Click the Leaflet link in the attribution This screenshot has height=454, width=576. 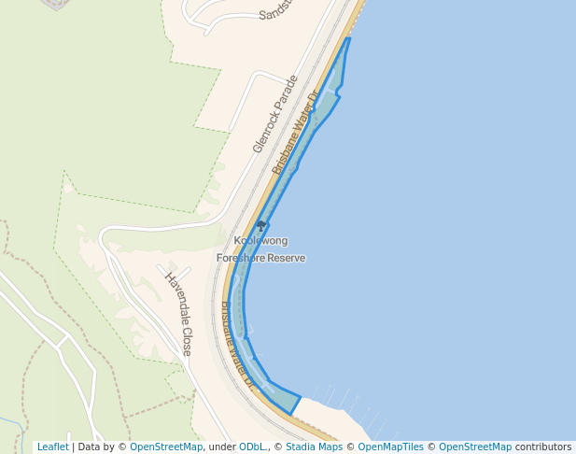pyautogui.click(x=52, y=447)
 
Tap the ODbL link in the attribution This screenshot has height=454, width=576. pyautogui.click(x=251, y=447)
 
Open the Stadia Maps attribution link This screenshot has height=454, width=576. pyautogui.click(x=314, y=447)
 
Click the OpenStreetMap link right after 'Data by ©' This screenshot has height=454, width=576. pyautogui.click(x=166, y=447)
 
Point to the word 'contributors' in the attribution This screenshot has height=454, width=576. pyautogui.click(x=543, y=447)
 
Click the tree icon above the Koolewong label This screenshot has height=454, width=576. pyautogui.click(x=261, y=225)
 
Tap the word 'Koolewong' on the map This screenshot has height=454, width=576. pyautogui.click(x=260, y=241)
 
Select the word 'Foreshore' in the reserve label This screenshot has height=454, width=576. pyautogui.click(x=241, y=258)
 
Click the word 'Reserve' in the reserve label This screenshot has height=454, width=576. pyautogui.click(x=287, y=258)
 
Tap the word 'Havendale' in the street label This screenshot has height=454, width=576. pyautogui.click(x=175, y=296)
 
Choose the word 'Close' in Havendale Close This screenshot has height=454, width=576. pyautogui.click(x=187, y=340)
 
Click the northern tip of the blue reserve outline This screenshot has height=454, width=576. pyautogui.click(x=349, y=38)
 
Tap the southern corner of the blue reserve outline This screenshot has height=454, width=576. pyautogui.click(x=291, y=414)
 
